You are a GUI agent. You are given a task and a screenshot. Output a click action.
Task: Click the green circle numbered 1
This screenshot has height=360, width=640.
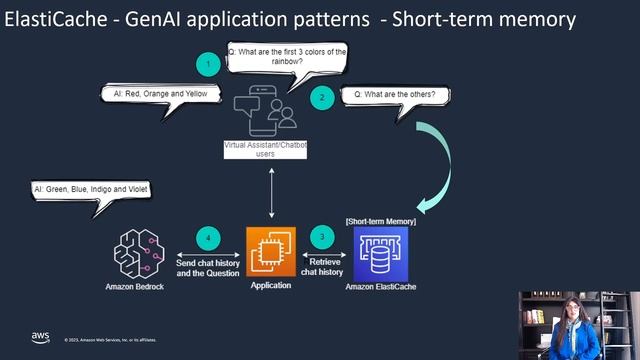coord(207,65)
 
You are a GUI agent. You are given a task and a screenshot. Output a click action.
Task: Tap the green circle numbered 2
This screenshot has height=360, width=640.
coord(322,98)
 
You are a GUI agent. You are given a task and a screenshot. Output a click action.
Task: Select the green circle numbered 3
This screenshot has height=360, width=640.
coord(322,238)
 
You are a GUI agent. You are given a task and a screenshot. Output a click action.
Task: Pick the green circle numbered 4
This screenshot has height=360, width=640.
coord(207,238)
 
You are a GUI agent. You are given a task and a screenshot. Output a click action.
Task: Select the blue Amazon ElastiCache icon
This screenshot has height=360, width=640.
coord(381,253)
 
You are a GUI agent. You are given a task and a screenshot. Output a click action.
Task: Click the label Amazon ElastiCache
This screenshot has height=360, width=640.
coord(380,287)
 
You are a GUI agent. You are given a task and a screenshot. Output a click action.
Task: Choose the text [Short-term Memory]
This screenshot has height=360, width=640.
coord(380,220)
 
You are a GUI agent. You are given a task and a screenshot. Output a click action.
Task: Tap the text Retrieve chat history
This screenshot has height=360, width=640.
coord(323,265)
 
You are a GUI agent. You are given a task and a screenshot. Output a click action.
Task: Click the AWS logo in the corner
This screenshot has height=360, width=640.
coord(40,337)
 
